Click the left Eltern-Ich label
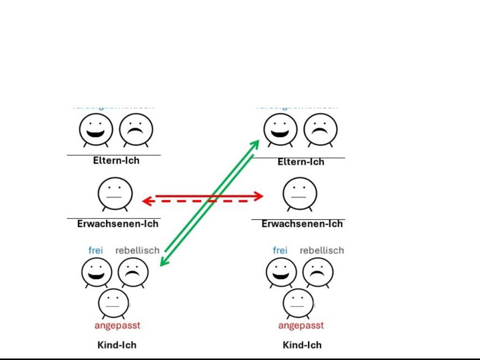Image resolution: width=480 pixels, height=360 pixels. point(116,160)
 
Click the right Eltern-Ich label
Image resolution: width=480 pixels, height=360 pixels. point(301,162)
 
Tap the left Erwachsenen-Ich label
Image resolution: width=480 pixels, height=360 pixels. point(118,224)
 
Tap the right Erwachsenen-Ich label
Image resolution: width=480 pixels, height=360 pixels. point(302,224)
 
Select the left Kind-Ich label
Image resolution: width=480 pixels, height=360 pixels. point(117,345)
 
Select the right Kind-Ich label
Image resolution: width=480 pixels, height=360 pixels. point(302,345)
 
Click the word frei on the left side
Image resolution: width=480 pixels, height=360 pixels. point(96,250)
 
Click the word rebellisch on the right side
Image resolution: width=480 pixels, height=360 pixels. point(322,250)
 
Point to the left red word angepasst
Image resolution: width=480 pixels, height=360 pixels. point(117,325)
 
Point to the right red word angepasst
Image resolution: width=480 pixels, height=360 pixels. point(301,325)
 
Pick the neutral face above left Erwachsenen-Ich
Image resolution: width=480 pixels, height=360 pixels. point(115,193)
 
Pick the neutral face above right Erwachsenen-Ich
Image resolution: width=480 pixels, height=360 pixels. point(300,193)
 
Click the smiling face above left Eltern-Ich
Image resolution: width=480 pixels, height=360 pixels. point(96,129)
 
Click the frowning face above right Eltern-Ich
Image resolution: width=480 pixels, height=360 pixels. point(321,129)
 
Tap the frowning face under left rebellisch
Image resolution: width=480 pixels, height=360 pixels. point(133,272)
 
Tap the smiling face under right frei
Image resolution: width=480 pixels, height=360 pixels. point(281,272)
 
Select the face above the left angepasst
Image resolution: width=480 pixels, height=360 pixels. point(113,303)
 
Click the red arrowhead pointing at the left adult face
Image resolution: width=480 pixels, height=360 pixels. point(146,201)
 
